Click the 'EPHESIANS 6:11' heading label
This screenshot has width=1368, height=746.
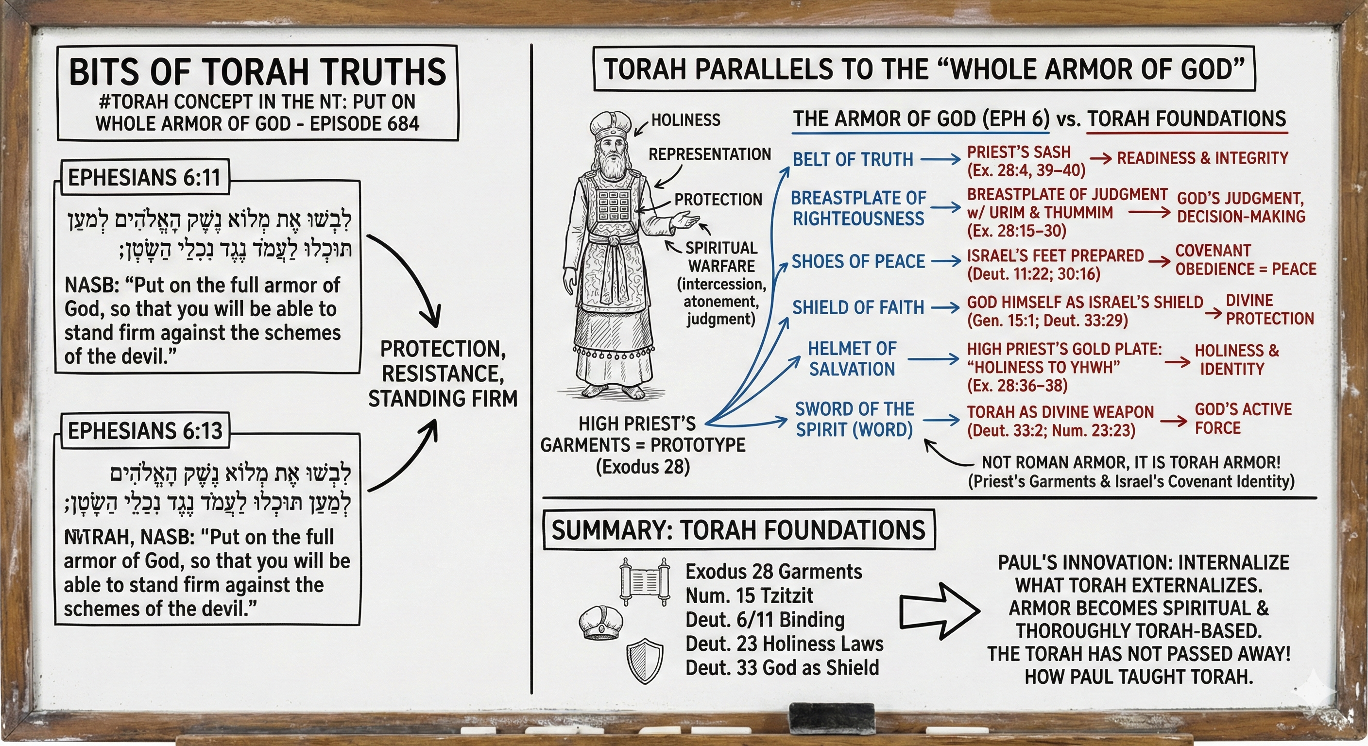click(x=144, y=177)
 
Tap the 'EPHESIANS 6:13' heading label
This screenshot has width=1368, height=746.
click(x=145, y=431)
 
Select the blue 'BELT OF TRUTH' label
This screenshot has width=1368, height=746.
click(x=853, y=159)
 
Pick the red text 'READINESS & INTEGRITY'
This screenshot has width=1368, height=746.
click(x=1202, y=158)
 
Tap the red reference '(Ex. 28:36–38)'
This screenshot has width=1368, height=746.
click(x=1017, y=386)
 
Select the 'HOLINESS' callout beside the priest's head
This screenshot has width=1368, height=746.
click(x=685, y=120)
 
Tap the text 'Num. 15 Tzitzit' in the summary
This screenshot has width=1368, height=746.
click(x=749, y=596)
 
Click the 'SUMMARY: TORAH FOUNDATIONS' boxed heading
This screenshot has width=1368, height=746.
click(x=738, y=530)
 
